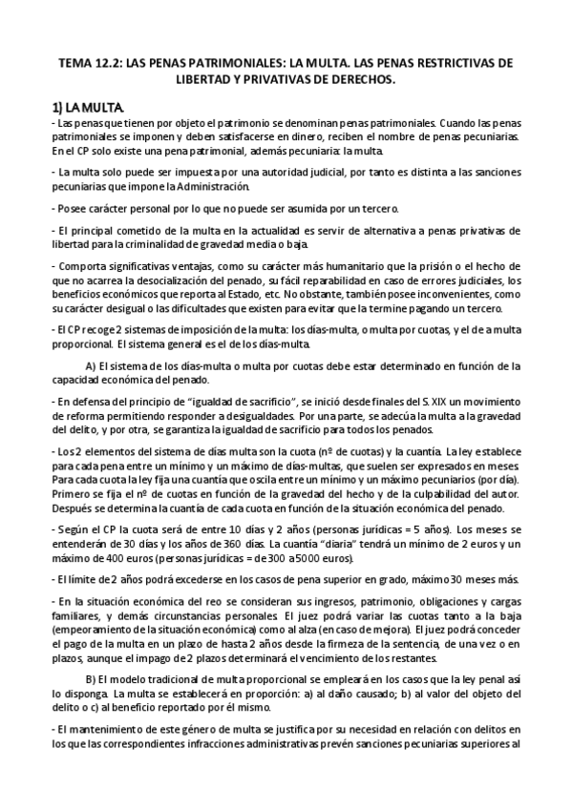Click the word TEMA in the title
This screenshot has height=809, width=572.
[x=77, y=64]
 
